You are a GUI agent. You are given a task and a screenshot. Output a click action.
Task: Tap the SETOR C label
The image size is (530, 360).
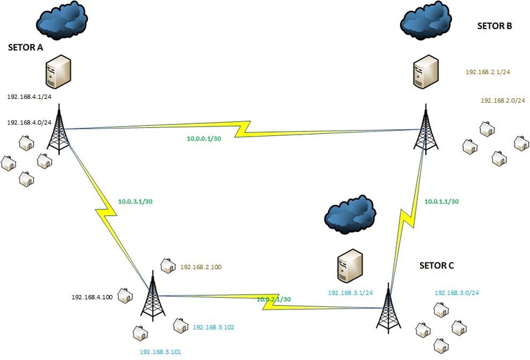pos(437,266)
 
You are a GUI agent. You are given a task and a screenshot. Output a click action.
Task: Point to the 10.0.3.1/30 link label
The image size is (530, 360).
pos(135,200)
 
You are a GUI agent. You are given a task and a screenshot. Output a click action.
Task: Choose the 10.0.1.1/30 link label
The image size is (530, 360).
pos(441,201)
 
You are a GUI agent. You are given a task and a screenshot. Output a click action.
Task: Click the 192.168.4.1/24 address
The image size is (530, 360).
pos(29,97)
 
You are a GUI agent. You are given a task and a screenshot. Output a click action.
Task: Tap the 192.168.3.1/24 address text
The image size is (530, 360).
pos(350,292)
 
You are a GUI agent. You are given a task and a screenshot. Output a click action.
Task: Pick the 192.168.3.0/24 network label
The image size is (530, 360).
pos(457,292)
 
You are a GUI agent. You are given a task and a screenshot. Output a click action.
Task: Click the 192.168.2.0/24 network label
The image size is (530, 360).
pos(503,101)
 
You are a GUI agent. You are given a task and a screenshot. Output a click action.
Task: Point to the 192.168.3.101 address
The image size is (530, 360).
pos(162,353)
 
